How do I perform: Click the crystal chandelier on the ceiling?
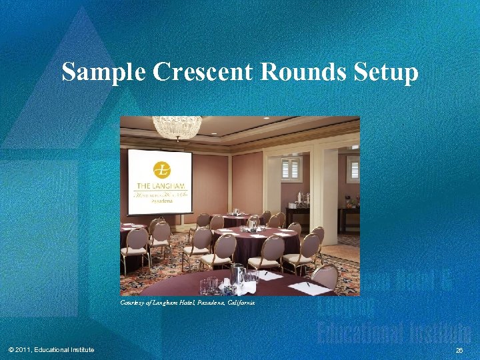pyautogui.click(x=177, y=127)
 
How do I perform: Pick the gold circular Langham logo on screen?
pyautogui.click(x=161, y=171)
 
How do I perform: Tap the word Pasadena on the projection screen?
pyautogui.click(x=161, y=200)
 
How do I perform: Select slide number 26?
pyautogui.click(x=459, y=350)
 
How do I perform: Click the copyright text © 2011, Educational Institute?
pyautogui.click(x=51, y=350)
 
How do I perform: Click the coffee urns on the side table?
pyautogui.click(x=303, y=198)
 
